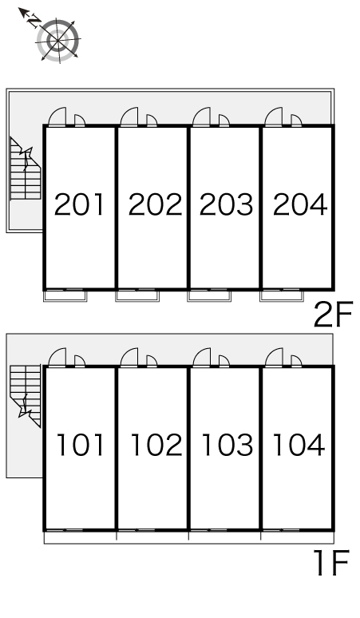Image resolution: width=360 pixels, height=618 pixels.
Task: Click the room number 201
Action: pyautogui.click(x=79, y=204)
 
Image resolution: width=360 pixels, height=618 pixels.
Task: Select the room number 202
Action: pyautogui.click(x=155, y=204)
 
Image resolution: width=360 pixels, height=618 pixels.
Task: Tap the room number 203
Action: pyautogui.click(x=226, y=204)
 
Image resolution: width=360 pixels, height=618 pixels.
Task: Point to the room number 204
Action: pyautogui.click(x=300, y=204)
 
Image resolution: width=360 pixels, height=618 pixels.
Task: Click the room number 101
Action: pyautogui.click(x=81, y=445)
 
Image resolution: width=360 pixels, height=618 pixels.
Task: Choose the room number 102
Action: pyautogui.click(x=156, y=445)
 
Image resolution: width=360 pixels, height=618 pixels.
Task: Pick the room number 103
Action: pyautogui.click(x=227, y=445)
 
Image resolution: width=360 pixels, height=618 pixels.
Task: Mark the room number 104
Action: pyautogui.click(x=299, y=445)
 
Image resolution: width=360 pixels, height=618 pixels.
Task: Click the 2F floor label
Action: pyautogui.click(x=333, y=314)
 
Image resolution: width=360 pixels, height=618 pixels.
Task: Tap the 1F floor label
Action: pyautogui.click(x=331, y=563)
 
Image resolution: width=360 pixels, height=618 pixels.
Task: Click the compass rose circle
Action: pyautogui.click(x=58, y=40)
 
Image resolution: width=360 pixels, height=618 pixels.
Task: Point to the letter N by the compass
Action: pyautogui.click(x=34, y=20)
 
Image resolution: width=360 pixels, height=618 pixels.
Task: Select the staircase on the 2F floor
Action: pyautogui.click(x=26, y=168)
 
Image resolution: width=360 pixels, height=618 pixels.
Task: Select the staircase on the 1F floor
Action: pyautogui.click(x=26, y=396)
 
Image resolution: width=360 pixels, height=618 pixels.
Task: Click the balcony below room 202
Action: pyautogui.click(x=137, y=296)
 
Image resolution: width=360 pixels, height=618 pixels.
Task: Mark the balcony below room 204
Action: pyautogui.click(x=282, y=296)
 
